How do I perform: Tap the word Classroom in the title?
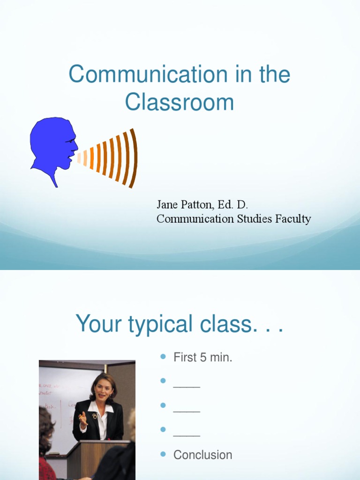[x=180, y=103]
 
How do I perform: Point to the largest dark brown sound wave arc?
[x=134, y=157]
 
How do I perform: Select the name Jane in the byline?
[x=166, y=205]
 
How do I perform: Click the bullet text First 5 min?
[x=203, y=358]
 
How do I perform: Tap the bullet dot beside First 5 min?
[x=163, y=357]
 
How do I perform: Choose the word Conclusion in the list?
[x=203, y=455]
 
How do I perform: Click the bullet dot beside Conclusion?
[x=163, y=454]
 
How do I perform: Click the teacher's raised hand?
[x=83, y=418]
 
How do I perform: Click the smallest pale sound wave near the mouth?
[x=79, y=157]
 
